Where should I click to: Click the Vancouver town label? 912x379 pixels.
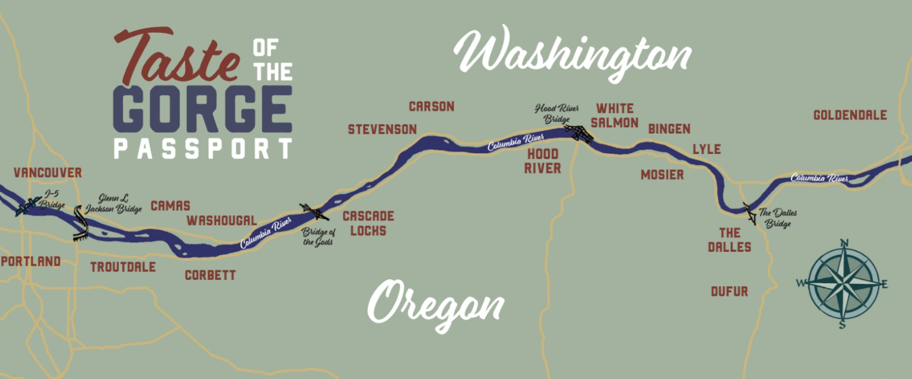click(x=47, y=173)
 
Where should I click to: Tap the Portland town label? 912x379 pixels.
click(x=31, y=261)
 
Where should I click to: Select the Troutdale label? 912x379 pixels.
click(x=123, y=267)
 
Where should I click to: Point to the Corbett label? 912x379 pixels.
click(x=210, y=276)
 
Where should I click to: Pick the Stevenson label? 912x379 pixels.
click(x=382, y=130)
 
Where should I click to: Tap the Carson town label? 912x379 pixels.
click(x=432, y=107)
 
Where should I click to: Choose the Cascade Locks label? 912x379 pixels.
click(x=368, y=223)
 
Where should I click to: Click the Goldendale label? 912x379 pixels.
click(x=850, y=115)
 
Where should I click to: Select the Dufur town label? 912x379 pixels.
click(x=730, y=292)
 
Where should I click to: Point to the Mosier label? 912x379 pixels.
click(x=662, y=175)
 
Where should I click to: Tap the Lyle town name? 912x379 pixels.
click(x=707, y=150)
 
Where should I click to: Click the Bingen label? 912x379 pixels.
click(x=669, y=129)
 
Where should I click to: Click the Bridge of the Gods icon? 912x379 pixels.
click(x=313, y=211)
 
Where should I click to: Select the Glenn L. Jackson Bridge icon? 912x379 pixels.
click(x=81, y=223)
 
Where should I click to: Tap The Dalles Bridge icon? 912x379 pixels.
click(x=750, y=213)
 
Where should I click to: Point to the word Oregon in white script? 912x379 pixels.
click(x=436, y=305)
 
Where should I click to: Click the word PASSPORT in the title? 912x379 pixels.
click(x=203, y=149)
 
